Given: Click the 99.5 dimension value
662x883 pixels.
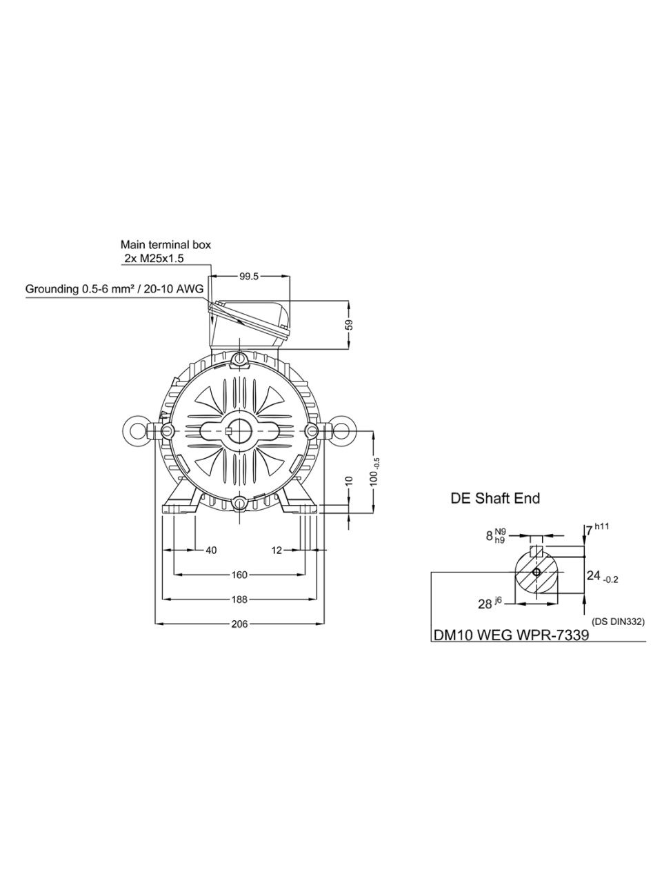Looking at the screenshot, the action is point(249,277).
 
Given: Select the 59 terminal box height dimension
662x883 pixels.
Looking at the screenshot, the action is point(350,325).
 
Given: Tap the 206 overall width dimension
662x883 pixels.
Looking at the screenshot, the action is point(239,624).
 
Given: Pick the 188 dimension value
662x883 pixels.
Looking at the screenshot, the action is point(239,599).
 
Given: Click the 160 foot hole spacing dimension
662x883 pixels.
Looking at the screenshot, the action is point(239,575).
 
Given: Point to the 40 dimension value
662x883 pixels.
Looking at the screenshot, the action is point(211,550).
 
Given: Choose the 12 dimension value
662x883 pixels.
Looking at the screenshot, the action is point(277,550).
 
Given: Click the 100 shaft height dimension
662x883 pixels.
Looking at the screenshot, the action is point(375,472).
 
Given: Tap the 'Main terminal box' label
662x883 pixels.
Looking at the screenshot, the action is point(165,245).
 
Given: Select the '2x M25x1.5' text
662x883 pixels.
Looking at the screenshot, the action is point(154,259).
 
